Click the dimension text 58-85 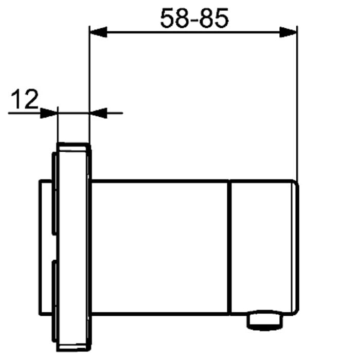[194, 19]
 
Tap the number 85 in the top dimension [214, 19]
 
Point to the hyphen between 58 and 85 [194, 21]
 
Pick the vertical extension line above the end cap [297, 103]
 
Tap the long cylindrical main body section [159, 247]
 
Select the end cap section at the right [262, 247]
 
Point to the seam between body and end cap [229, 247]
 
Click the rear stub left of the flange [44, 247]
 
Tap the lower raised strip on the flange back [53, 298]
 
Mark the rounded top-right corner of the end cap [295, 183]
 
